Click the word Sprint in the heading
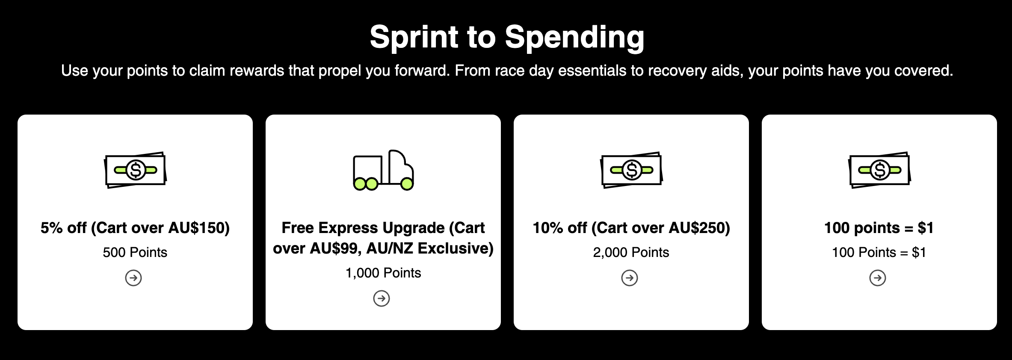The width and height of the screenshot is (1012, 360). pos(414,38)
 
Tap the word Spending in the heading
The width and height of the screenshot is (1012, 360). pos(574,38)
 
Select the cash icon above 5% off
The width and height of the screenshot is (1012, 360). pos(135,170)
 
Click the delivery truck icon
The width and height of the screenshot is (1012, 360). pos(383,170)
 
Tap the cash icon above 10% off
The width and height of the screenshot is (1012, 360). pos(631,170)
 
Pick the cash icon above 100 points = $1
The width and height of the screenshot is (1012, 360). pos(879,170)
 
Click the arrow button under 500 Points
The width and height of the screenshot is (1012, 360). pos(133,278)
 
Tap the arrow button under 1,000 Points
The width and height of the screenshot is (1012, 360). pos(382,298)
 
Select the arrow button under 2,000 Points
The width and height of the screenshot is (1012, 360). pos(630,278)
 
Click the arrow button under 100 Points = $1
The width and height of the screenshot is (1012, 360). pos(878,278)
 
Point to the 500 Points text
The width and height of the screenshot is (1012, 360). pos(135,252)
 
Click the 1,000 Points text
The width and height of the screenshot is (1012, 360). pos(383,273)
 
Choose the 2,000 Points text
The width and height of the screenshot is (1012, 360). pos(631,252)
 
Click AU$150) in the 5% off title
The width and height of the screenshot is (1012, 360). pos(199,228)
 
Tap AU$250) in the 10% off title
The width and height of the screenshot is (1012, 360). pos(699,228)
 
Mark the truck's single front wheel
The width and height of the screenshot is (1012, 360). pos(407,184)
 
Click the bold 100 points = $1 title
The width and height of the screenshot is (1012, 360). pos(879,228)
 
